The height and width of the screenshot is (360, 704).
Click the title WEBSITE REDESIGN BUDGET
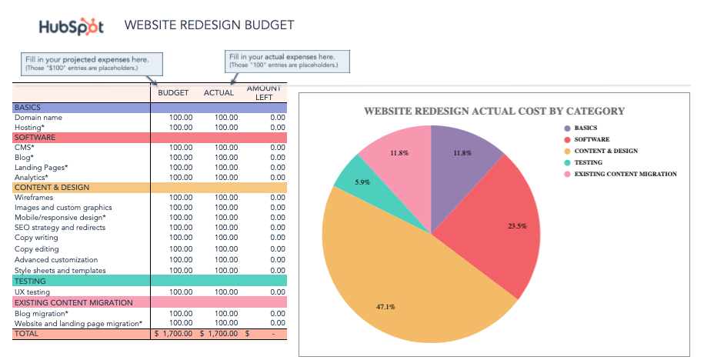pyautogui.click(x=209, y=25)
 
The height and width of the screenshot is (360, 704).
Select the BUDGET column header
pyautogui.click(x=173, y=93)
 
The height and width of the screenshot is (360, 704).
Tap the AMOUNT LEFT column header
pyautogui.click(x=264, y=93)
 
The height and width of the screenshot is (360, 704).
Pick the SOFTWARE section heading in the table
pyautogui.click(x=36, y=138)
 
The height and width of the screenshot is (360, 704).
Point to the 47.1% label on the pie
pyautogui.click(x=385, y=307)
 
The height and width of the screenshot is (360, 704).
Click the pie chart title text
pyautogui.click(x=494, y=111)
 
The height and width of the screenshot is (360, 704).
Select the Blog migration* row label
pyautogui.click(x=41, y=313)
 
